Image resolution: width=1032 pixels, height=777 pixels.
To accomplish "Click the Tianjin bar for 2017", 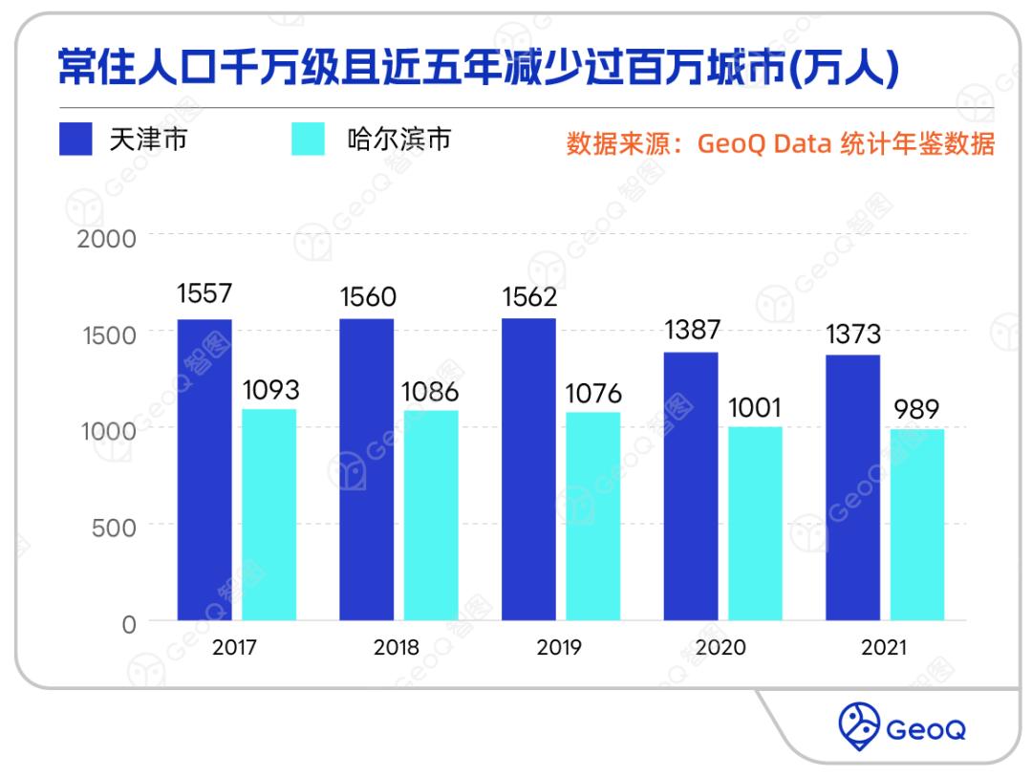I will click(204, 469).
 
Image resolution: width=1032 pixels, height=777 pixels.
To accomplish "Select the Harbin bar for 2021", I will click(917, 525).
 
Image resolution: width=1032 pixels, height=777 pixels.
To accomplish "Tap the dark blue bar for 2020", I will click(691, 486).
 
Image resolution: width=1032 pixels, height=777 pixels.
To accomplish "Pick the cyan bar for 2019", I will click(592, 516).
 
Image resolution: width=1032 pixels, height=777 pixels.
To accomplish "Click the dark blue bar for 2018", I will click(367, 469).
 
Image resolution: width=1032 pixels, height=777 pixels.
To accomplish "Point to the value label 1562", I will click(529, 297).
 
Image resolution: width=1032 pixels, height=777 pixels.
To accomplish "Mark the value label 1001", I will click(755, 407).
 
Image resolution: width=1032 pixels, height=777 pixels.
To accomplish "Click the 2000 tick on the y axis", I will click(106, 237).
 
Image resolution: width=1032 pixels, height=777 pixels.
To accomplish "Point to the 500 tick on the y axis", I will click(114, 526).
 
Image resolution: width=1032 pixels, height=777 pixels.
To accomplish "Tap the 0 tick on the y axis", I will click(129, 623).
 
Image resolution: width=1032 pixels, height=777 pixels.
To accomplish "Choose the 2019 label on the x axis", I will click(559, 648).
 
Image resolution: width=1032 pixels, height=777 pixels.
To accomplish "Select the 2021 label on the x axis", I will click(884, 648).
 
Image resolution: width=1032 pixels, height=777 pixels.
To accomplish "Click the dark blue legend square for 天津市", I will click(75, 140).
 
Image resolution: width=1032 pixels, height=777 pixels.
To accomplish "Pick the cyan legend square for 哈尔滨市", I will click(308, 140).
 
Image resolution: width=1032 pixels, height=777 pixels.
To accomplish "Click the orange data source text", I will click(781, 144).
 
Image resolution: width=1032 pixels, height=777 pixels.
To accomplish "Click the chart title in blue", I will click(478, 69).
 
